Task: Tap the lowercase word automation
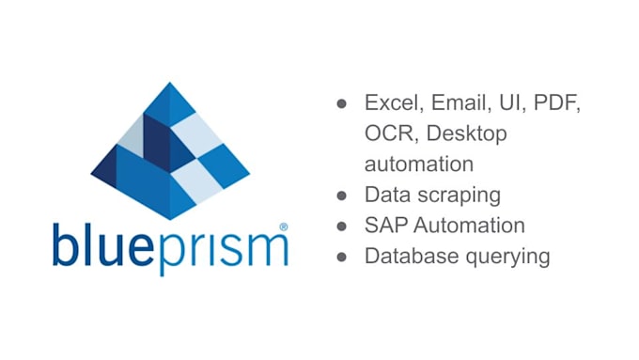point(418,164)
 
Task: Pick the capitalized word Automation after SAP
point(468,226)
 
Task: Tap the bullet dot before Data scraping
point(343,196)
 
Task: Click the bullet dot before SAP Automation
point(343,227)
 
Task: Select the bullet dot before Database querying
point(343,257)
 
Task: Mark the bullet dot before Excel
point(343,104)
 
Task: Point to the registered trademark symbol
point(284,227)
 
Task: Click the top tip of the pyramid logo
point(171,84)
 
